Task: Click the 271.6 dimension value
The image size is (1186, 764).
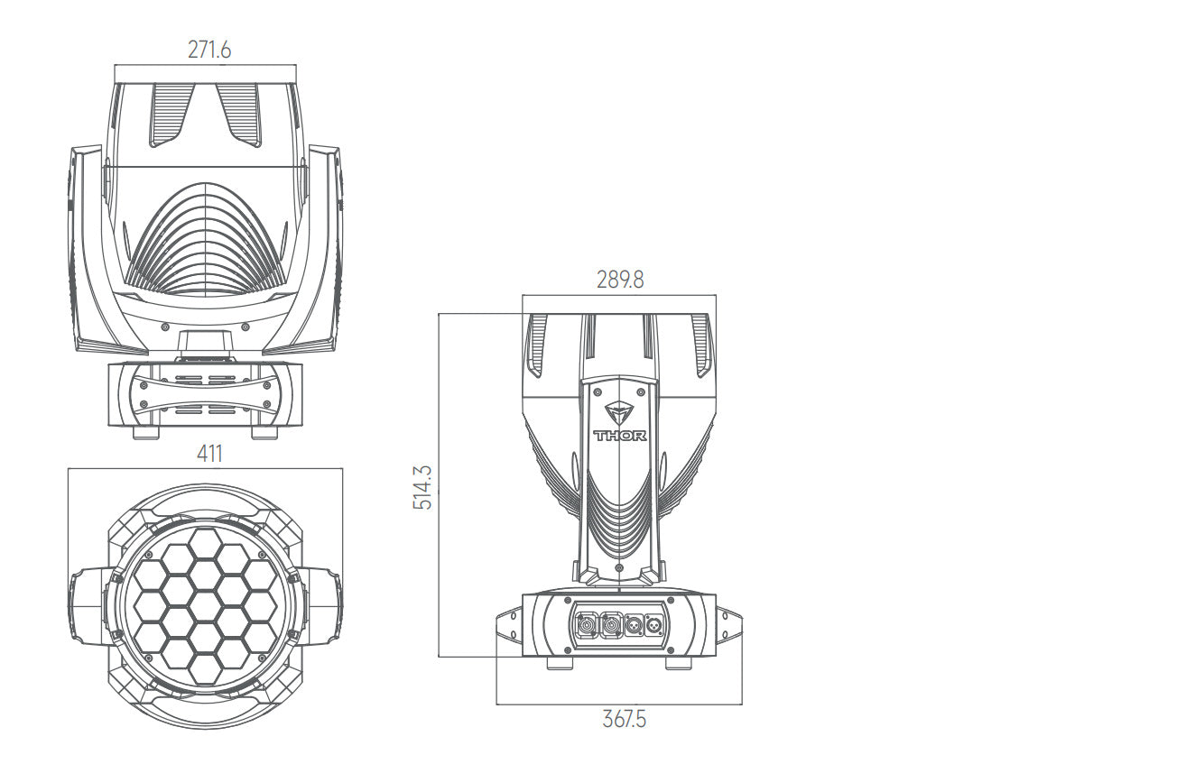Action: [x=209, y=50]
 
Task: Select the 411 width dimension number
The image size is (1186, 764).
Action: [x=209, y=454]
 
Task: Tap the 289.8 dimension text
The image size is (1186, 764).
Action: [x=620, y=280]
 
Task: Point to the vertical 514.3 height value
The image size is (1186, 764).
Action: [x=422, y=487]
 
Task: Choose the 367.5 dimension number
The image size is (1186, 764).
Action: [x=625, y=720]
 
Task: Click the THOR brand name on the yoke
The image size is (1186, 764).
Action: [x=620, y=436]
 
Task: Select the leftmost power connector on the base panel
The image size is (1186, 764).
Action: [x=586, y=626]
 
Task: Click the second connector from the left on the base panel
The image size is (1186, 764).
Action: [x=611, y=626]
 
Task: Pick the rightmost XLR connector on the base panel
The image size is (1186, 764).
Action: [x=654, y=626]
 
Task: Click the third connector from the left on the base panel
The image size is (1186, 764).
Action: [x=634, y=626]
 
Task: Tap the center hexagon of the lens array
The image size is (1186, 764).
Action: [x=205, y=606]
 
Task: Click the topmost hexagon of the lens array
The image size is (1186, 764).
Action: [x=205, y=543]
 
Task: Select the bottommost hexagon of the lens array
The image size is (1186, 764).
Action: [x=205, y=668]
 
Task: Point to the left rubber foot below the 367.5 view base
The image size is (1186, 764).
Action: [x=561, y=664]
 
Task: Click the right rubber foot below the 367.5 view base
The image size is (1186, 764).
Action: [x=678, y=664]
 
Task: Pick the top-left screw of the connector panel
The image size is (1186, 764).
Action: [x=568, y=601]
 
